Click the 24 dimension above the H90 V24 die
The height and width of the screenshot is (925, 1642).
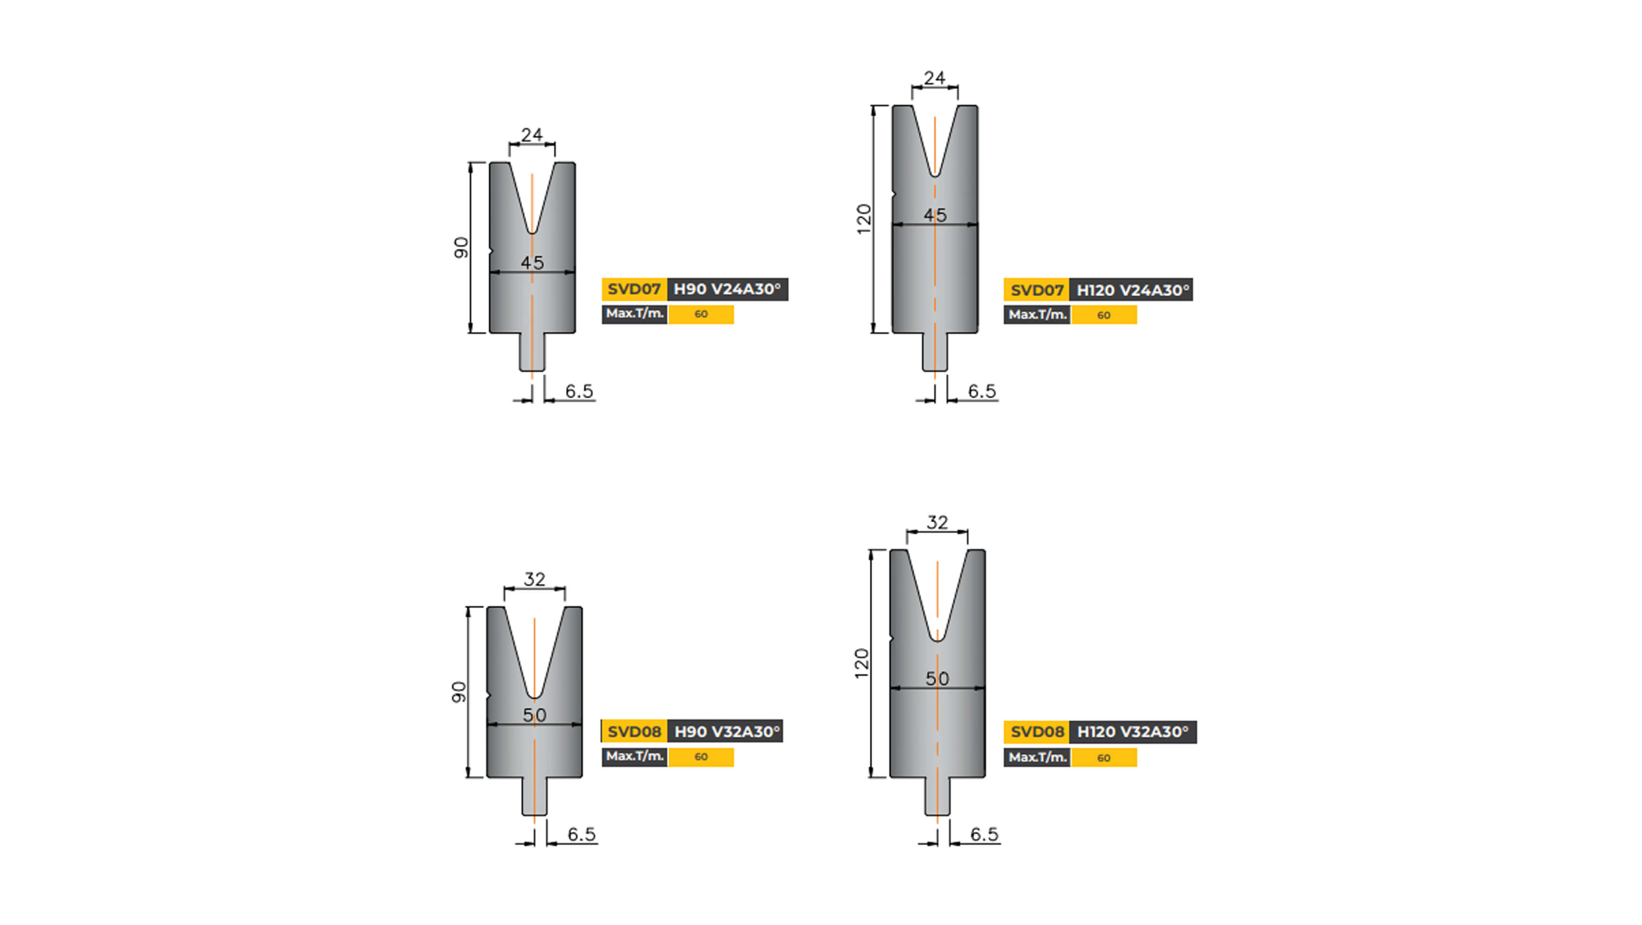pos(532,134)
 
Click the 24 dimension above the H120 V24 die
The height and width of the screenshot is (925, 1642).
pos(934,78)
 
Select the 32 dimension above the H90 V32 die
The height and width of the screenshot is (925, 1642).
pos(534,579)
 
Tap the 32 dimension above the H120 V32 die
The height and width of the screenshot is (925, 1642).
pos(937,522)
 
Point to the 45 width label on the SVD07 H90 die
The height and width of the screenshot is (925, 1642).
pos(532,262)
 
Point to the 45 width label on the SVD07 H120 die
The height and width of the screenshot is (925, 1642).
pos(935,215)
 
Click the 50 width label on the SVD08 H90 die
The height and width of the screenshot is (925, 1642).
pos(534,714)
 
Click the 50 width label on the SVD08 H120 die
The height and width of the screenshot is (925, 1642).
pos(937,678)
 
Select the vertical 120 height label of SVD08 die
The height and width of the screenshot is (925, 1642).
pos(862,663)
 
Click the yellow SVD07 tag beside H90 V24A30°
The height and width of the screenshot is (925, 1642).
pos(633,289)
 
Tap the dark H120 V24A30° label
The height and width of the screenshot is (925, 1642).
pos(1132,290)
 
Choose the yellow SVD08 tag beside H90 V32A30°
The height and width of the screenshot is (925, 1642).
pos(633,731)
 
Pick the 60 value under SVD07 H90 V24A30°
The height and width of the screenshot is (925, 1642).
pos(700,314)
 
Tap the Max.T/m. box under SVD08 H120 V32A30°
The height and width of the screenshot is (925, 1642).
pos(1037,757)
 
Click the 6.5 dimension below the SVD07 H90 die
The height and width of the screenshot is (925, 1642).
pos(579,391)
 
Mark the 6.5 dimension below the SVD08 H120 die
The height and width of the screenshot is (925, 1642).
pos(984,834)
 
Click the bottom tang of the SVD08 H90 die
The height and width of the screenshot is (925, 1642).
pos(534,796)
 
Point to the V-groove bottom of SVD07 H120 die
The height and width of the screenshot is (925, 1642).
pos(935,173)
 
